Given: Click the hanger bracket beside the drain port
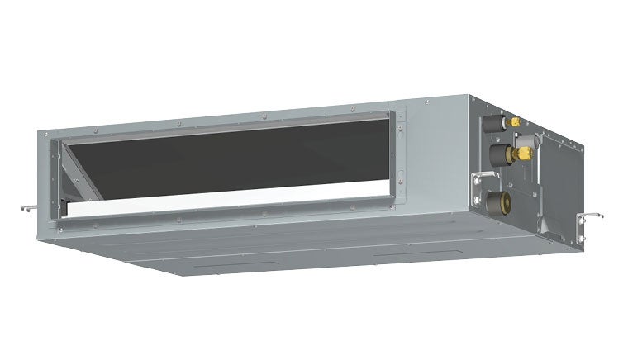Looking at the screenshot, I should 478,186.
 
